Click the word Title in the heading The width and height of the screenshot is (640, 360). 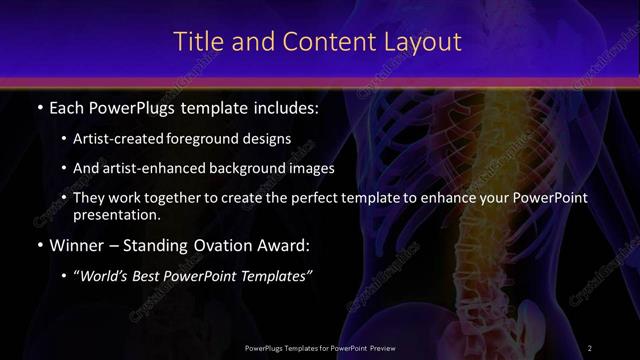click(x=198, y=42)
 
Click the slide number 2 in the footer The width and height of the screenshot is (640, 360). click(x=590, y=347)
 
